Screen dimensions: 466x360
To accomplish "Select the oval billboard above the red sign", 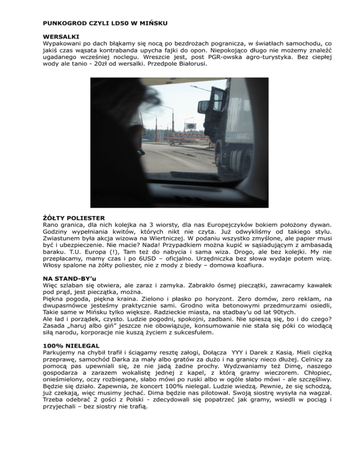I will click(191, 126).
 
